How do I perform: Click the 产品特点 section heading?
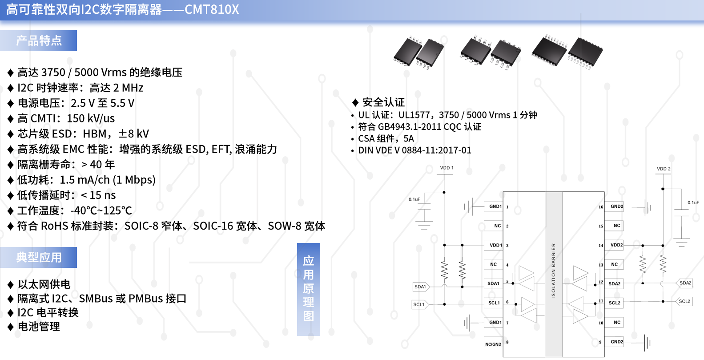coord(39,40)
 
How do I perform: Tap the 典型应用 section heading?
coord(39,258)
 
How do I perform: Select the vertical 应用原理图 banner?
coord(308,289)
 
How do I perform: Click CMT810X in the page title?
coord(212,9)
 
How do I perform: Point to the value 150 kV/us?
coord(91,118)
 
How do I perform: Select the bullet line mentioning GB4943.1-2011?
coord(416,127)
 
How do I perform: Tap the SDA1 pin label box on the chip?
coord(494,283)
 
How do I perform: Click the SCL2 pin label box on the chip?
coord(614,303)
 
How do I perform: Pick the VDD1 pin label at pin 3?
coord(495,245)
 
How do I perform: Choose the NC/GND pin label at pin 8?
coord(493,344)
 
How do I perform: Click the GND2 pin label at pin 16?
coord(617,206)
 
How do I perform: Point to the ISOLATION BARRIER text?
coord(553,271)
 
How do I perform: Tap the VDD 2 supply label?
coord(664,169)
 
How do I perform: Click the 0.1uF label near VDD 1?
coord(414,199)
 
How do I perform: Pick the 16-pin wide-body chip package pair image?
coord(567,52)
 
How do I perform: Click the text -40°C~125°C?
coord(101,210)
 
